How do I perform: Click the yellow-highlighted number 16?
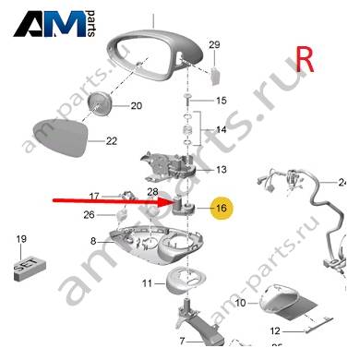(222, 209)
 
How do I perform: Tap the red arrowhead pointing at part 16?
(165, 202)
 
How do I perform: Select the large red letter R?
(305, 59)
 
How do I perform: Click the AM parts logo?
(54, 24)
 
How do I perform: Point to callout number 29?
(214, 45)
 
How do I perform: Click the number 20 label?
(137, 106)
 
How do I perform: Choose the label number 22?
(112, 141)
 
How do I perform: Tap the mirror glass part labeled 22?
(60, 138)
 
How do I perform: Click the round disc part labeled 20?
(99, 103)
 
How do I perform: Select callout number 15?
(221, 101)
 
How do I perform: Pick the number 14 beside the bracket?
(221, 129)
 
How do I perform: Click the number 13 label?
(221, 170)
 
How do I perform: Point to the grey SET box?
(30, 269)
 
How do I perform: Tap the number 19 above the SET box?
(21, 239)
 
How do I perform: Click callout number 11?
(147, 283)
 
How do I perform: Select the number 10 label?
(240, 303)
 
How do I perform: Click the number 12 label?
(275, 331)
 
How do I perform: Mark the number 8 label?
(93, 241)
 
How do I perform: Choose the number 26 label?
(89, 214)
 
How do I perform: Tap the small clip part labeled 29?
(215, 76)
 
